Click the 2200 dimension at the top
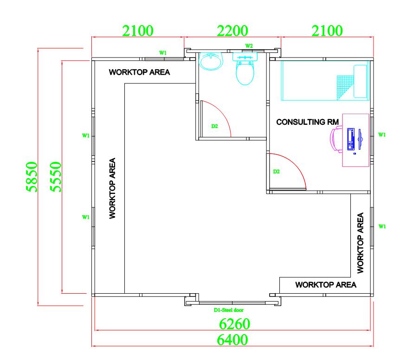point(232,31)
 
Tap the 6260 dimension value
point(234,324)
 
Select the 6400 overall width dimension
point(232,340)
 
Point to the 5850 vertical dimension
point(32,177)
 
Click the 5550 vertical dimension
point(56,177)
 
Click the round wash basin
point(211,61)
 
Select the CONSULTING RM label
point(308,122)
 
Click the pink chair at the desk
point(336,139)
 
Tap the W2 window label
point(249,46)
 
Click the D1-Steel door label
point(228,310)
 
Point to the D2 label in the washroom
point(214,126)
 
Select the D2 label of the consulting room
point(277,172)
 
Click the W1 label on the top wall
point(163,53)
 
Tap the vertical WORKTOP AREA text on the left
point(112,188)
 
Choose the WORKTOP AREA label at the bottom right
point(326,285)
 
